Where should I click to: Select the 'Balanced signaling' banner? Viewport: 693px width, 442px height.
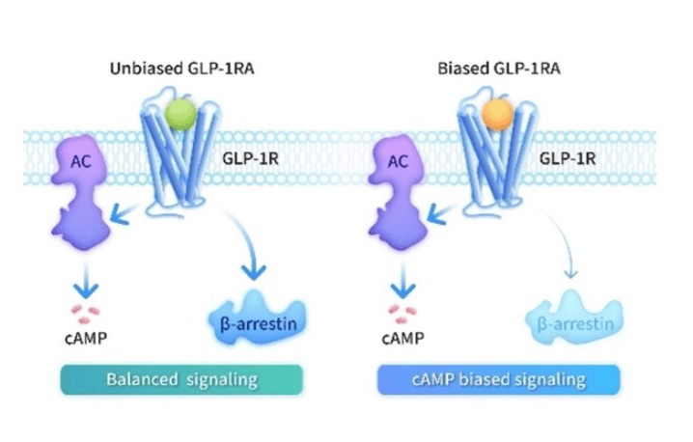182,378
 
